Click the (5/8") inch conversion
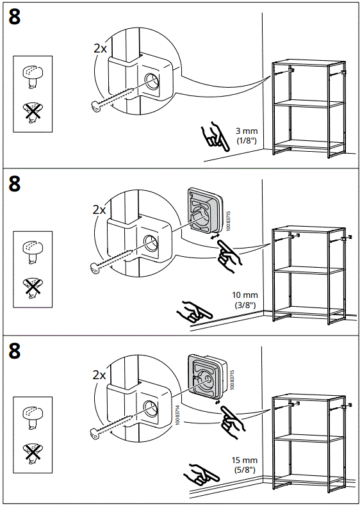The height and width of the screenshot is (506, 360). coord(245,469)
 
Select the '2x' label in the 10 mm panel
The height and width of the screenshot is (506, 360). coord(99,209)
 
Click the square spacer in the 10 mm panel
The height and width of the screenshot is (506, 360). coord(204,211)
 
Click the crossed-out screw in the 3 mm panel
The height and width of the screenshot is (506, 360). coord(30,114)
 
